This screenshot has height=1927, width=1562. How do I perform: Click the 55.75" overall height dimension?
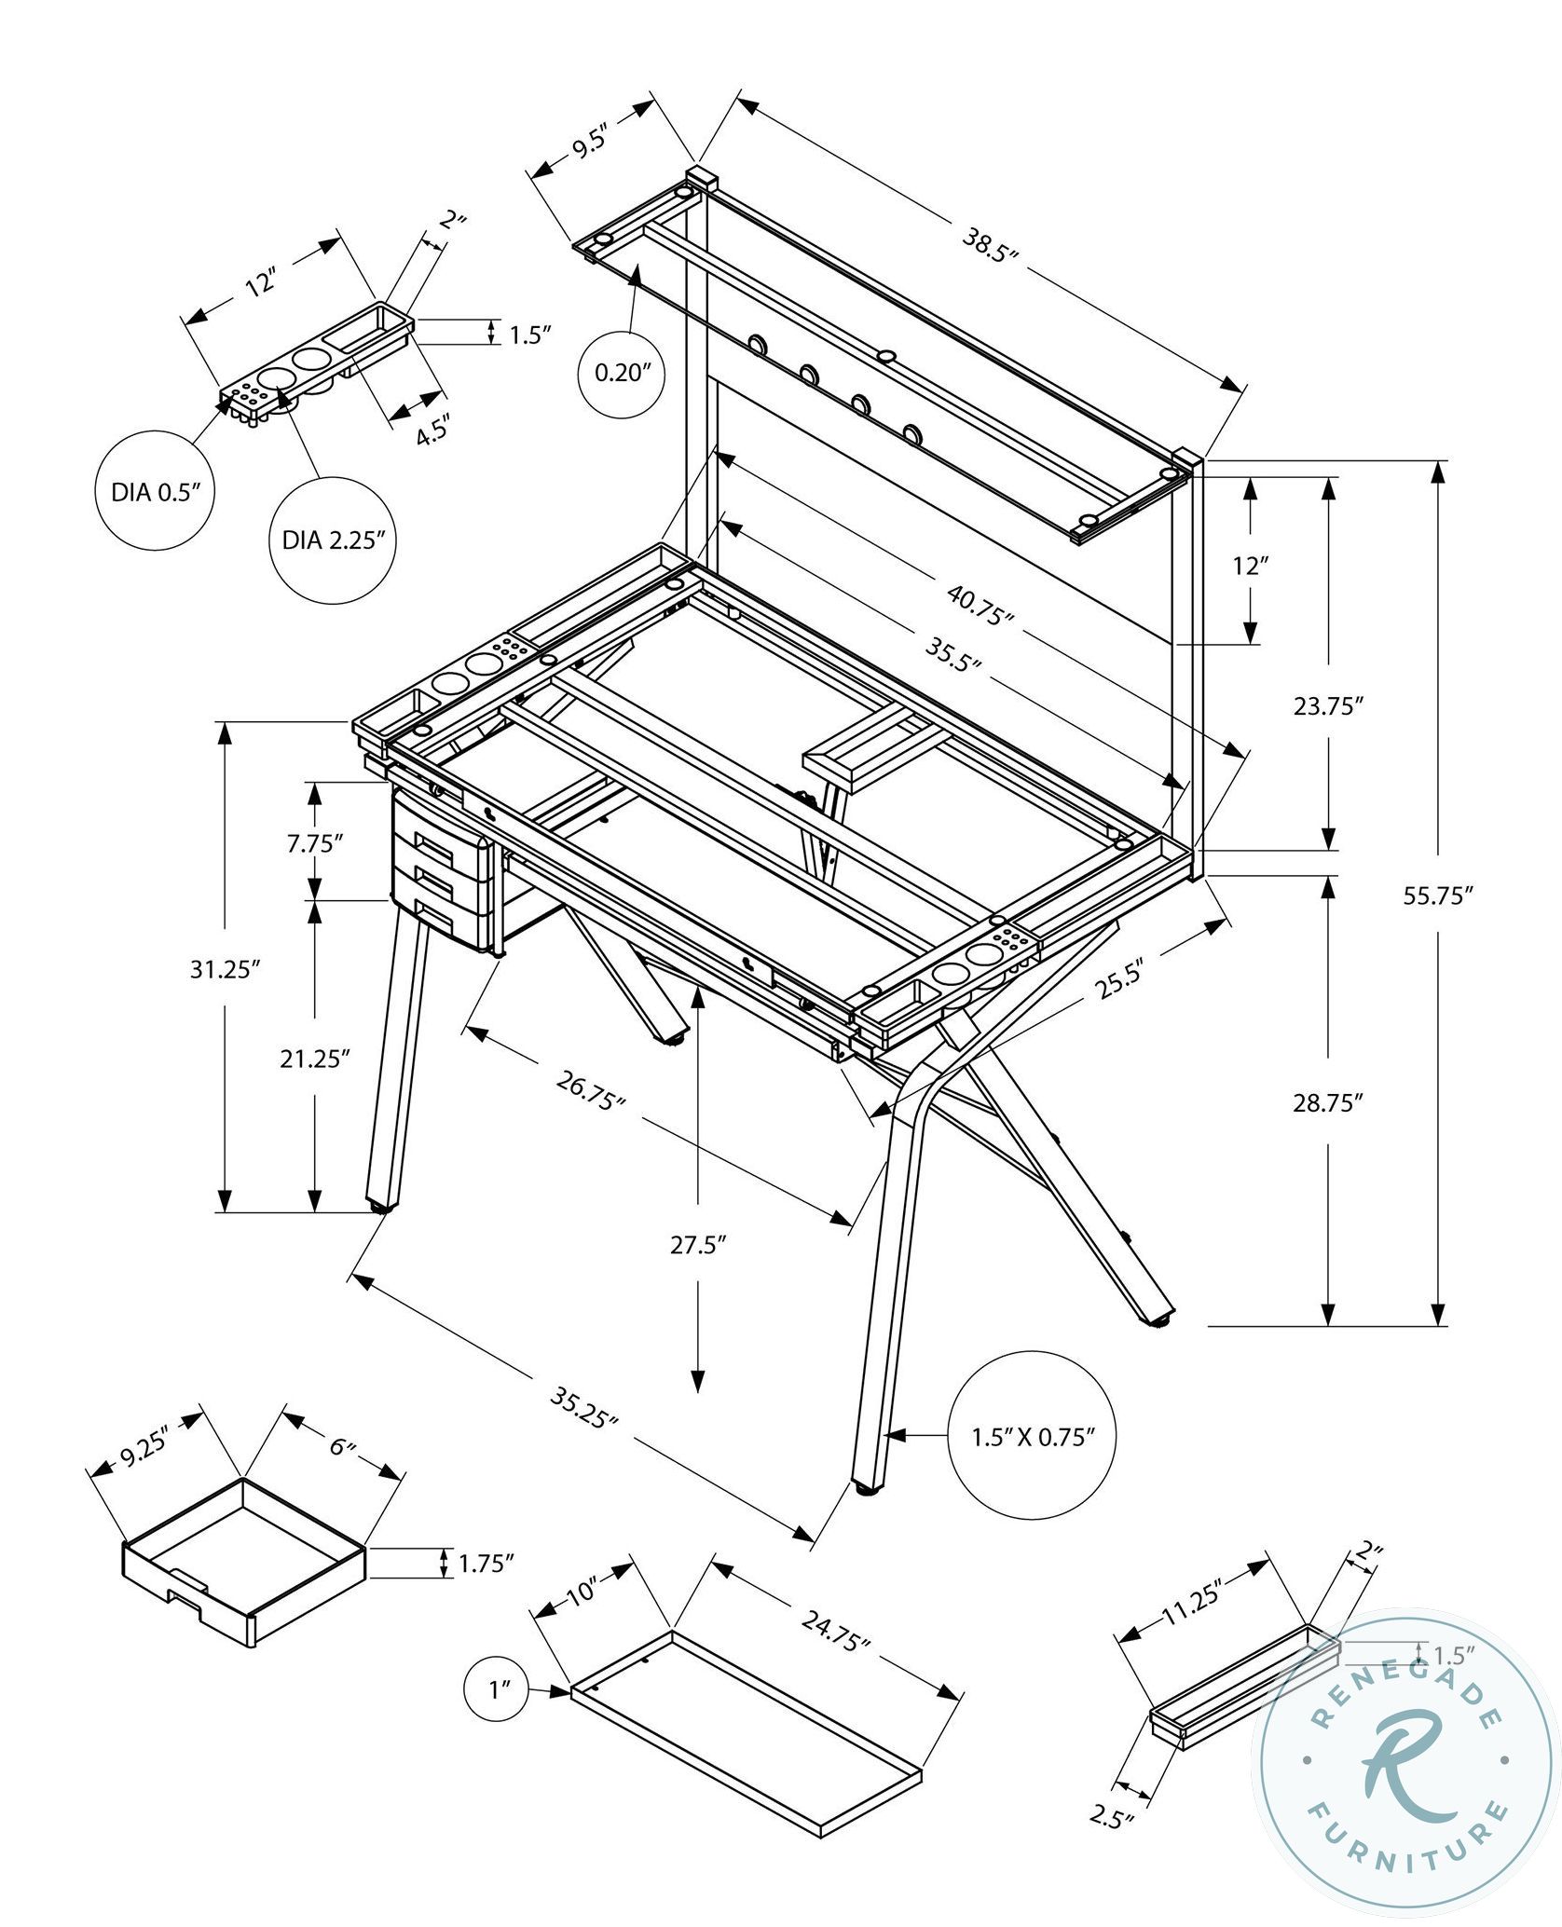(1438, 895)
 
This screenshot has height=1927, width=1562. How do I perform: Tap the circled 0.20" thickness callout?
(622, 374)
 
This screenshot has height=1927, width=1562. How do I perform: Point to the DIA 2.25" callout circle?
(333, 540)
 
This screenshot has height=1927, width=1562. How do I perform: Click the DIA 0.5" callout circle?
(156, 492)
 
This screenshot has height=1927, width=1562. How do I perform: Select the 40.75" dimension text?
(980, 605)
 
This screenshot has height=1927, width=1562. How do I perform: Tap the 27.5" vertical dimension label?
(698, 1246)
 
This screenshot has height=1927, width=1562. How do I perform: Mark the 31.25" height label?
(224, 970)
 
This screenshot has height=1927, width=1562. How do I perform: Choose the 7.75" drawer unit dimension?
(316, 844)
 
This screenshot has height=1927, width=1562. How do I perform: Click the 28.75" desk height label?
(1328, 1103)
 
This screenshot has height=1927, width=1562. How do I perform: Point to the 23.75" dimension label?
(1328, 705)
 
